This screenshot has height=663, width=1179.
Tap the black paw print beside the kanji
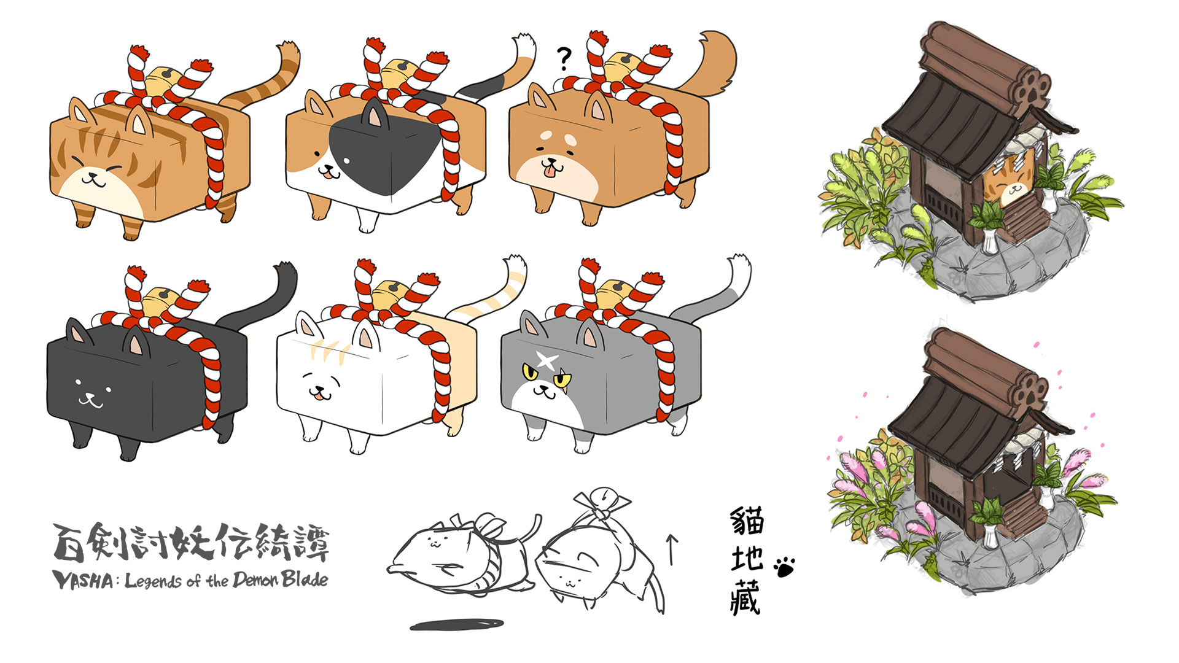(785, 567)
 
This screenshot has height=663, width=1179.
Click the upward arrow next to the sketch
(672, 549)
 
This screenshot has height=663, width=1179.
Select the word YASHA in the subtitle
(82, 580)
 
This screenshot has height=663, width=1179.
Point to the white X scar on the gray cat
(548, 360)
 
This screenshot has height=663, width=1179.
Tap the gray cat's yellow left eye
(529, 371)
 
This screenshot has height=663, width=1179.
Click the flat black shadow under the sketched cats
(457, 625)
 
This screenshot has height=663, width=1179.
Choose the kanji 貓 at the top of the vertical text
(747, 521)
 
